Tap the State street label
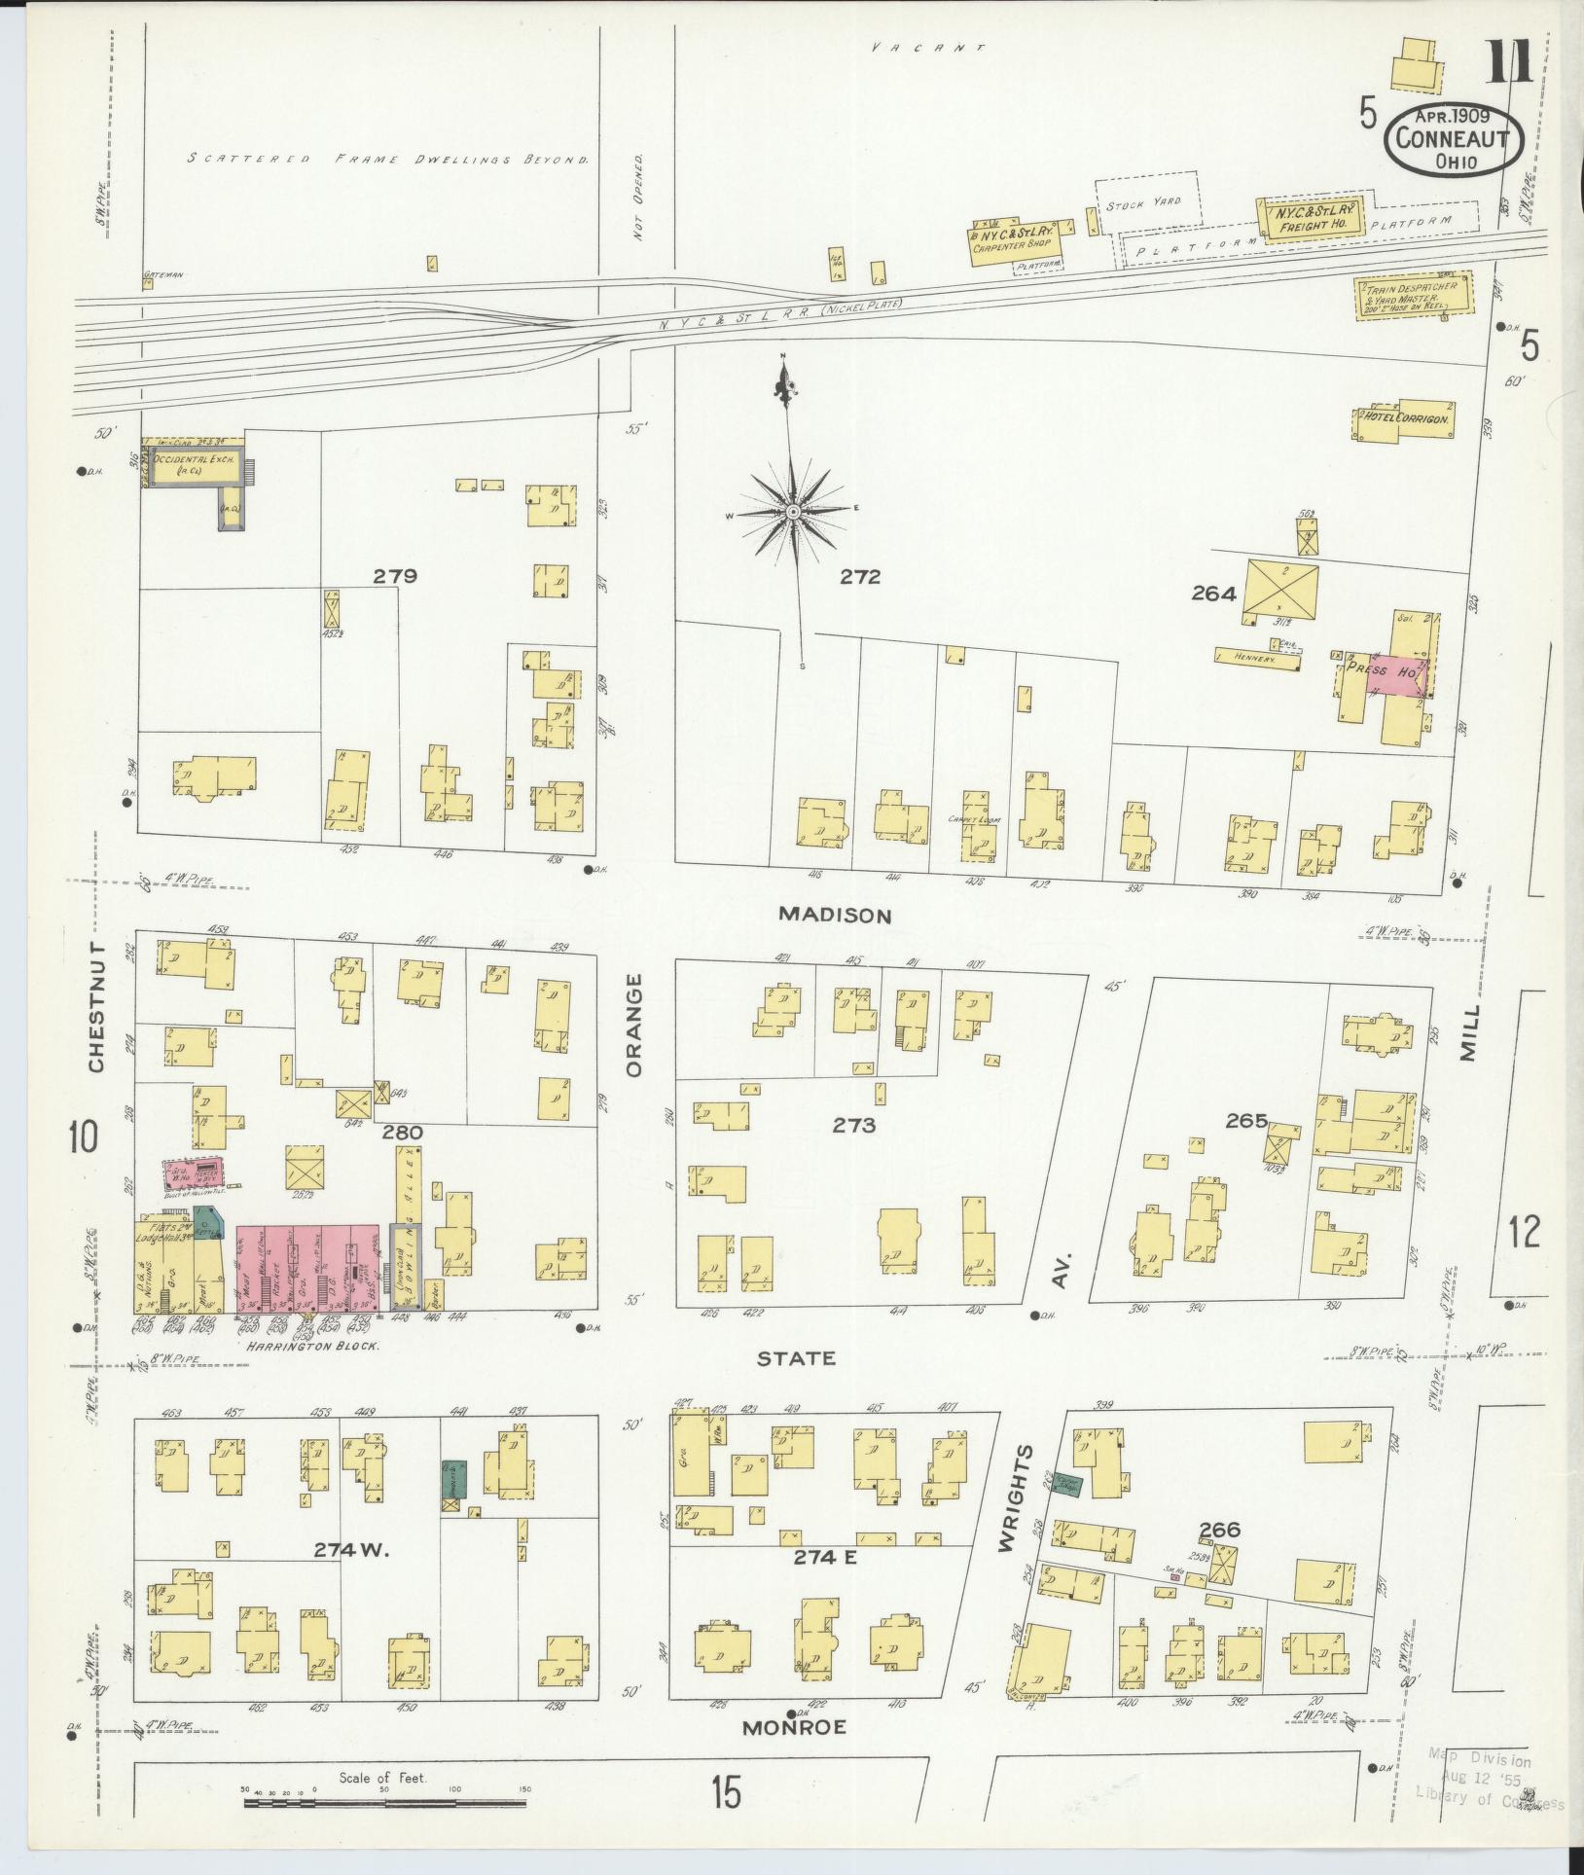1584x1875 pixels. coord(796,1357)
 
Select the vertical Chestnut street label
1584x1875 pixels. coord(96,1006)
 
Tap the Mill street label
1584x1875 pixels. coord(1468,1033)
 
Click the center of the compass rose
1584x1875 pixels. coord(794,511)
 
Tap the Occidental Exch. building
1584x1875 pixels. coord(193,465)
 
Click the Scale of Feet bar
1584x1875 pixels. coord(384,1802)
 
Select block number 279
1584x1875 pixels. coord(395,576)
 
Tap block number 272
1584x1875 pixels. coord(860,577)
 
